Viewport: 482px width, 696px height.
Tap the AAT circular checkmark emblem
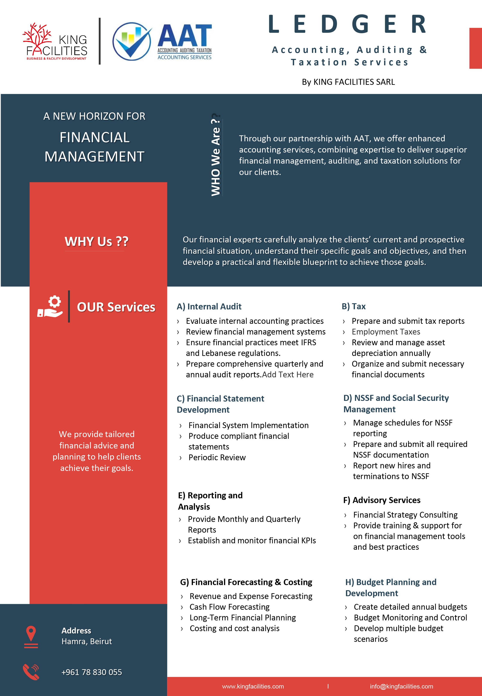(132, 41)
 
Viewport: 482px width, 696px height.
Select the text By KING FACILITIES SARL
(348, 82)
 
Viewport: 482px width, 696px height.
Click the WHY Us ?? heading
(96, 241)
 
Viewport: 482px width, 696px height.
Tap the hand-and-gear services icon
(50, 307)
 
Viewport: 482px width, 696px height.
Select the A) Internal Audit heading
(209, 306)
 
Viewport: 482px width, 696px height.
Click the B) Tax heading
(354, 306)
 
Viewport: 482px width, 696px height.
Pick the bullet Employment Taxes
(386, 332)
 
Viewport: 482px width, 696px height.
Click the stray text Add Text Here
(288, 375)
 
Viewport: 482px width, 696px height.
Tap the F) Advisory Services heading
(382, 500)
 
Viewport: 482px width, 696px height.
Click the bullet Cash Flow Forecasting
(229, 607)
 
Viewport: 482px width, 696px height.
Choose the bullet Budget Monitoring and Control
(410, 618)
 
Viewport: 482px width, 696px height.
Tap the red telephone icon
(31, 672)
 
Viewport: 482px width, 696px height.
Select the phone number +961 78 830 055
(91, 672)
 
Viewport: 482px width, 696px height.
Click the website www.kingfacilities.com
(253, 686)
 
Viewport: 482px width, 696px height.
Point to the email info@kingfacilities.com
(401, 686)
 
